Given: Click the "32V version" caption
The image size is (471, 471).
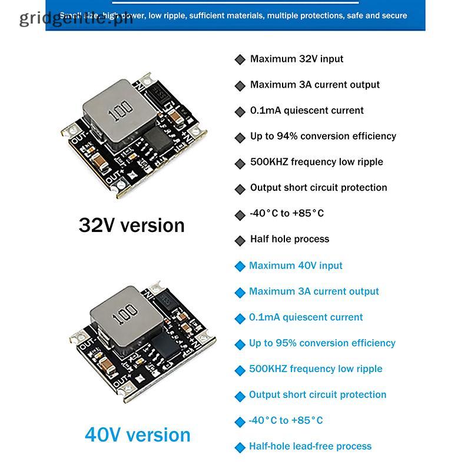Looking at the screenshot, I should pyautogui.click(x=131, y=225).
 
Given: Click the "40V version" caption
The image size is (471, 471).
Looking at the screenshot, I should pyautogui.click(x=138, y=435).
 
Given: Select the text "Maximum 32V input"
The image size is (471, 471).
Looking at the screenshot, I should pyautogui.click(x=296, y=59).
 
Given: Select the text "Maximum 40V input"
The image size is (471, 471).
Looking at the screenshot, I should pyautogui.click(x=296, y=266).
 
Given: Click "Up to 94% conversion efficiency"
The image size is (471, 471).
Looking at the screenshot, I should pyautogui.click(x=323, y=136).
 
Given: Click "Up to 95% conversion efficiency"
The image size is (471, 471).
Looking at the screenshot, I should pyautogui.click(x=322, y=343).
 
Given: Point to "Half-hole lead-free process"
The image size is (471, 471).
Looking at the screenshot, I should pyautogui.click(x=310, y=446).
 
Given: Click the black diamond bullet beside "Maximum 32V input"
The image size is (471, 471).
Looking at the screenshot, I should pyautogui.click(x=240, y=59).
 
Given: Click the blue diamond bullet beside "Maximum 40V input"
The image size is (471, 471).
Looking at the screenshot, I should pyautogui.click(x=240, y=266).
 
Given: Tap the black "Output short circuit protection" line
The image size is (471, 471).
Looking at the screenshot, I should pyautogui.click(x=319, y=188).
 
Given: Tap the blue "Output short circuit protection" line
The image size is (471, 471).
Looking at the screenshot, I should pyautogui.click(x=317, y=394).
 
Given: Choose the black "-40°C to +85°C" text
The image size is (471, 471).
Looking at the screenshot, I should pyautogui.click(x=287, y=213).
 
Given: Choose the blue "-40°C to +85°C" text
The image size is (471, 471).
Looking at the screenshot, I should pyautogui.click(x=286, y=420).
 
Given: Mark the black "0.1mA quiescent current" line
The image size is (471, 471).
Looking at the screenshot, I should pyautogui.click(x=307, y=111).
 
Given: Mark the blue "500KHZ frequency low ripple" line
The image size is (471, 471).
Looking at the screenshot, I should pyautogui.click(x=316, y=369).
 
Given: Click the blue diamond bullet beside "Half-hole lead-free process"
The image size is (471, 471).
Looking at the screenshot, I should pyautogui.click(x=240, y=447).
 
